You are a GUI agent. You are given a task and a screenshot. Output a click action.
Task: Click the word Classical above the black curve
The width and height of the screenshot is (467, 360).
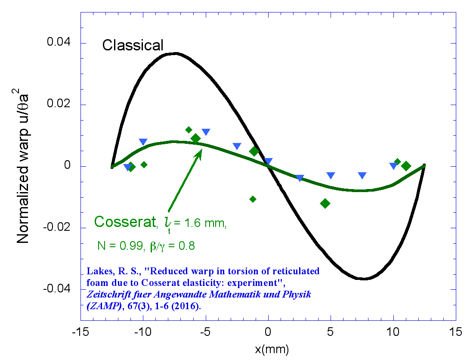[133, 45]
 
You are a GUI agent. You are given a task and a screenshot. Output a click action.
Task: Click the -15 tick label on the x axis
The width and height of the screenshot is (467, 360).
[81, 333]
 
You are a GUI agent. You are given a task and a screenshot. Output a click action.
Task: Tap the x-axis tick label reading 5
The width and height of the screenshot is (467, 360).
[331, 333]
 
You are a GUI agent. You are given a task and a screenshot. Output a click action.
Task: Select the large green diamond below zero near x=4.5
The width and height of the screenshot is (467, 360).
[325, 203]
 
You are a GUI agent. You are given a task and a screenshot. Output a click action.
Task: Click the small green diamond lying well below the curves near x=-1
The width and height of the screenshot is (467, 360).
[253, 199]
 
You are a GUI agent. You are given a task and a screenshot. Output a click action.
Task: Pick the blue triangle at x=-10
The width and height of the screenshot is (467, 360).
[143, 142]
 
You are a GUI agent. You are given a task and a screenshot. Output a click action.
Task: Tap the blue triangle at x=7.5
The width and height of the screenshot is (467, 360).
[362, 175]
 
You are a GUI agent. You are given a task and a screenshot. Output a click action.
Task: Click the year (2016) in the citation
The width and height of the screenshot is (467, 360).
[191, 306]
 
